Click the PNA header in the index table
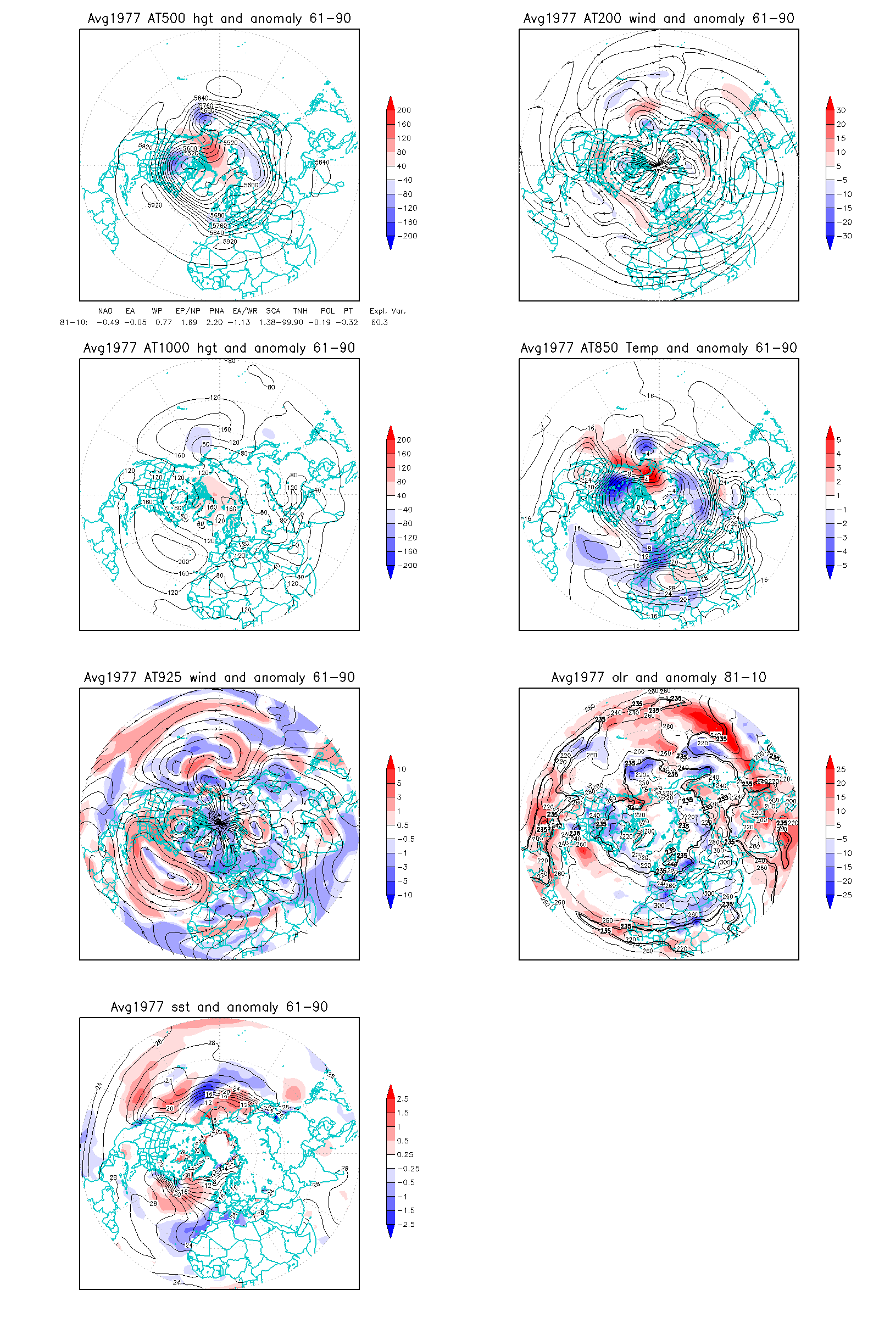(216, 311)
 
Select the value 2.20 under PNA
(214, 322)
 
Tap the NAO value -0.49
(108, 322)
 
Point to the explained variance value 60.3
(380, 322)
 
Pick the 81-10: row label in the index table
(74, 322)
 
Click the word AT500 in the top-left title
(166, 19)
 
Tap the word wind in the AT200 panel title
(642, 19)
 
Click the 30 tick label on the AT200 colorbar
(841, 110)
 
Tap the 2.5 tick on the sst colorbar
(403, 1099)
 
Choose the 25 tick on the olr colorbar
(841, 769)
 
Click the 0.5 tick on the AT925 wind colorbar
(403, 825)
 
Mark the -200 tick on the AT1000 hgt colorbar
(408, 566)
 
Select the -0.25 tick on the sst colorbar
(408, 1169)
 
